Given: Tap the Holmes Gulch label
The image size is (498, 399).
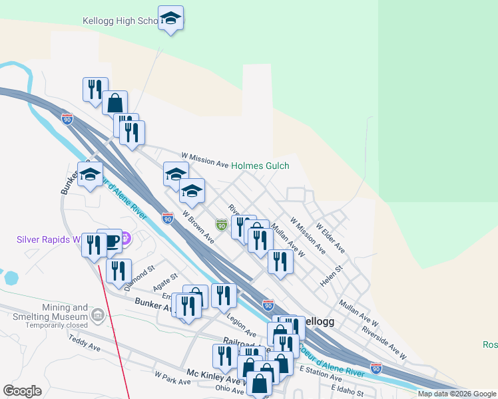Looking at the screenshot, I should pyautogui.click(x=260, y=166).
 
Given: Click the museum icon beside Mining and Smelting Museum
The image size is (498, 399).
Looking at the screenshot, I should pyautogui.click(x=98, y=314).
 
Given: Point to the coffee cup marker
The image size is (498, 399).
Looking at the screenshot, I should pyautogui.click(x=110, y=241).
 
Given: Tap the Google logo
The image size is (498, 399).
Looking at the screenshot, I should pyautogui.click(x=23, y=391).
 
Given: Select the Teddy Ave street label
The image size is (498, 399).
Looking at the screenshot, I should pyautogui.click(x=85, y=343).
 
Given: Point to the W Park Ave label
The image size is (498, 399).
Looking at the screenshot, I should pyautogui.click(x=172, y=378).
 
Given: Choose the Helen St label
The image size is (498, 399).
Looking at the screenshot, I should pyautogui.click(x=330, y=276).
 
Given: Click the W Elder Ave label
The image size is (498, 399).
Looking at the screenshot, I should pyautogui.click(x=331, y=237).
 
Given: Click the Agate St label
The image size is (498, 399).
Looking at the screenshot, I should pyautogui.click(x=165, y=283).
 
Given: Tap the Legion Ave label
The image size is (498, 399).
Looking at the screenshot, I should pyautogui.click(x=241, y=325).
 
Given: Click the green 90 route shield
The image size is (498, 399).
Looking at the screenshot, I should pyautogui.click(x=221, y=226).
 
